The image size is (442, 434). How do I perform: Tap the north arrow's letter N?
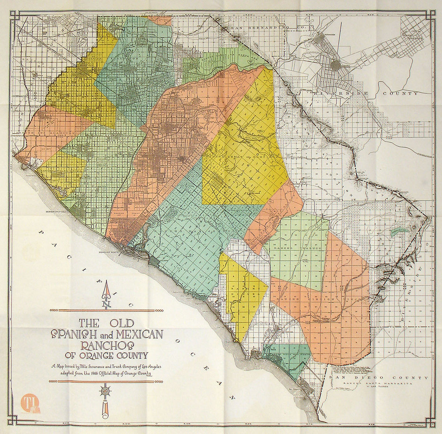(107, 304)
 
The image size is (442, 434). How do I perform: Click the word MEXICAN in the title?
(139, 334)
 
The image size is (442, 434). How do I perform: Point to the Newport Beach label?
(108, 253)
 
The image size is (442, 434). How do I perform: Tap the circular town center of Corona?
(336, 65)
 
